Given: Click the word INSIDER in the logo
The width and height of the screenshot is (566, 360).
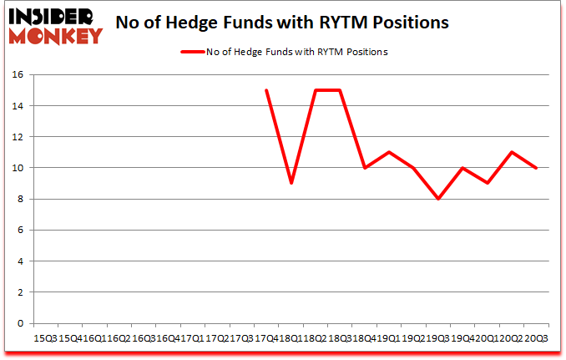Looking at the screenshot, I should tap(53, 16).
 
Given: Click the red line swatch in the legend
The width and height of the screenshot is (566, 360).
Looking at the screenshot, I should tap(193, 52).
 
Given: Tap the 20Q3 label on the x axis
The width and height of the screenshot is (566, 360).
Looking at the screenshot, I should tap(536, 338).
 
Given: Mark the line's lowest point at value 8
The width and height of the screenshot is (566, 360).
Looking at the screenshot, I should tap(438, 199).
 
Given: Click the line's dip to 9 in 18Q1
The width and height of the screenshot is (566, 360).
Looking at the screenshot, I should tap(291, 183).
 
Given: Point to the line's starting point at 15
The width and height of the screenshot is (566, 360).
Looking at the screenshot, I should tap(266, 90).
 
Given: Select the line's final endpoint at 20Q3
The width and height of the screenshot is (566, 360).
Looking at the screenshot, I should tap(536, 168).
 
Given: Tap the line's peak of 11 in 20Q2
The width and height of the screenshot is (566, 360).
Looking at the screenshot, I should tap(512, 152).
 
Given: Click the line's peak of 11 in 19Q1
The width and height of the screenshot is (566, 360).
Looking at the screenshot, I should tap(389, 152).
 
